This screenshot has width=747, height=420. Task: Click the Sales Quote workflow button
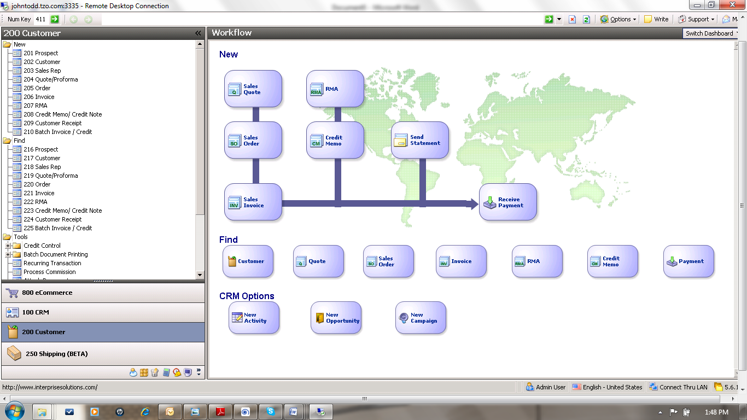(253, 89)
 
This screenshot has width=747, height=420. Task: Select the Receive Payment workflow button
(507, 202)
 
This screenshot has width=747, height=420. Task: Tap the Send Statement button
(419, 140)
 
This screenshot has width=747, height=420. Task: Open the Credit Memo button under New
(335, 141)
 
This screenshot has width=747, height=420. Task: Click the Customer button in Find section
(248, 261)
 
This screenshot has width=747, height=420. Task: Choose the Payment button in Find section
(688, 261)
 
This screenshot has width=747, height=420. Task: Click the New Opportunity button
(336, 318)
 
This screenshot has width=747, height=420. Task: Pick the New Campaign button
(421, 318)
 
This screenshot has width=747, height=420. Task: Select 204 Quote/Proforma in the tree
(50, 79)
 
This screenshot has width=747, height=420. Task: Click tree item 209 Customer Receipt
(52, 123)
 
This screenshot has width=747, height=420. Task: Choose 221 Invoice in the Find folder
(39, 193)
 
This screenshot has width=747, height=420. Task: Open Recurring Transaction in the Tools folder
(52, 263)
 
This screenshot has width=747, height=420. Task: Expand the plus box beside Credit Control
(8, 246)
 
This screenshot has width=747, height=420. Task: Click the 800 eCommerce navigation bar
(103, 293)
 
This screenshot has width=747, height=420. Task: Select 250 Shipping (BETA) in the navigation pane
(103, 354)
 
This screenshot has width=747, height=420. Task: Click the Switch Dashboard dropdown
(711, 33)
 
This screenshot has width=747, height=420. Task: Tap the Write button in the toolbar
(656, 19)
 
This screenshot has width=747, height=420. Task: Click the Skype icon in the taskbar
(271, 412)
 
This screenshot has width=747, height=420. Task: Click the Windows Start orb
(14, 411)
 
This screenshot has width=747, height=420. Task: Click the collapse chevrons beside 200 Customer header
(198, 33)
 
